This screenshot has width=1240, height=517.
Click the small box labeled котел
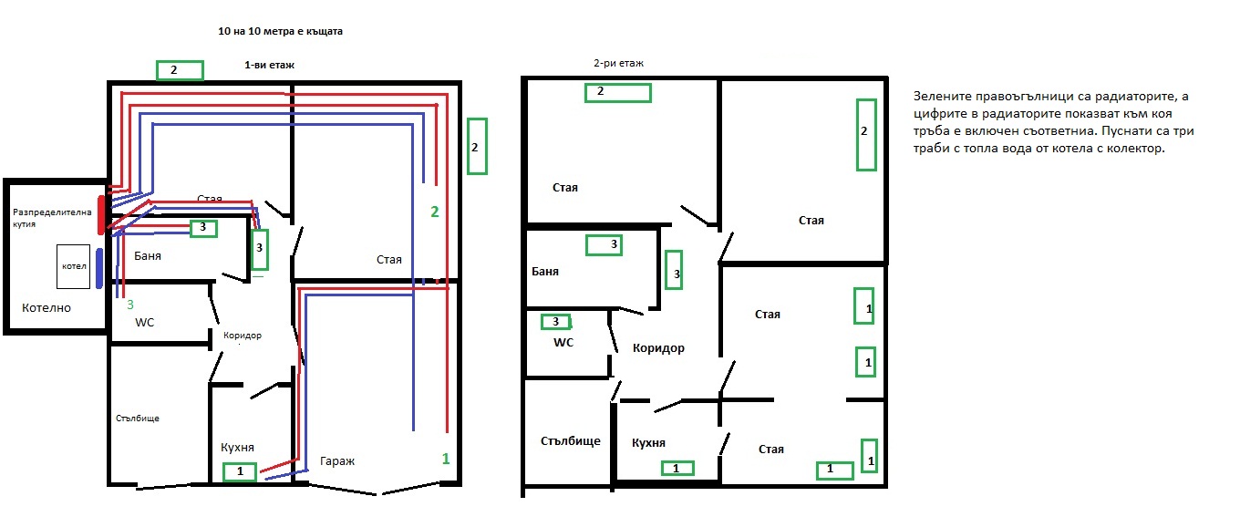click(73, 266)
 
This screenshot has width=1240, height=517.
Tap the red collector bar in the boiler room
click(100, 215)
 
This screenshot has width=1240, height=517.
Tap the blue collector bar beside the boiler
click(99, 268)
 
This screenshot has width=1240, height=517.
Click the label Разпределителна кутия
click(52, 218)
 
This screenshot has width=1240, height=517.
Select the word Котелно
click(46, 308)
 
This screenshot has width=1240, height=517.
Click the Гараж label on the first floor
click(337, 461)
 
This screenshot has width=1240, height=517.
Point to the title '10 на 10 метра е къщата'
click(280, 32)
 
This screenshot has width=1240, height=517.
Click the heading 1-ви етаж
click(269, 66)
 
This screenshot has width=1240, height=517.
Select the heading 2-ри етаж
click(618, 64)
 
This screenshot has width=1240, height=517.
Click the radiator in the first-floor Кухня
click(240, 471)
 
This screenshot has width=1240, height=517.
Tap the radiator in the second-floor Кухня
click(677, 469)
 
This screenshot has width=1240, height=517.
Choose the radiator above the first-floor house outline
click(180, 70)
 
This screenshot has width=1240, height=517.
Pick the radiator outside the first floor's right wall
click(477, 146)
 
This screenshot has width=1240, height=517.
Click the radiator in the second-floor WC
click(556, 322)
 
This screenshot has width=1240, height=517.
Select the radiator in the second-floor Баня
click(604, 245)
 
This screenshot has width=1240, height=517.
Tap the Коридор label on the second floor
click(658, 348)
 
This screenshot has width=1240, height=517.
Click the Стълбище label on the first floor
click(138, 419)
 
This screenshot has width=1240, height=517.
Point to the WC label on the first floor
click(144, 323)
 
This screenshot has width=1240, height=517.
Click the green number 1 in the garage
click(446, 459)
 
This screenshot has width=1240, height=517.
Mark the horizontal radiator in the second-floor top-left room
click(618, 92)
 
